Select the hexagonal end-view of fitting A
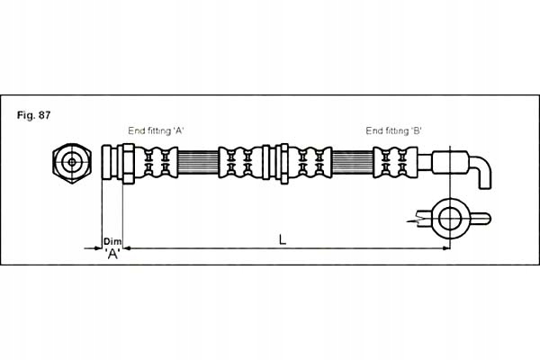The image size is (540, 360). [x=71, y=163]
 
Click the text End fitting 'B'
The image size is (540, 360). [x=394, y=130]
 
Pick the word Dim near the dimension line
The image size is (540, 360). [x=112, y=240]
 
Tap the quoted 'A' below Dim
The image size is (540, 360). [x=112, y=254]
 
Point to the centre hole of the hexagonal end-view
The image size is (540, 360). [x=71, y=163]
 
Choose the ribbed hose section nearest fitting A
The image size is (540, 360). [x=197, y=163]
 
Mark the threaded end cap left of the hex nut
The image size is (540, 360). [x=111, y=163]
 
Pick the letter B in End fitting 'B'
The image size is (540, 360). [x=416, y=130]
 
